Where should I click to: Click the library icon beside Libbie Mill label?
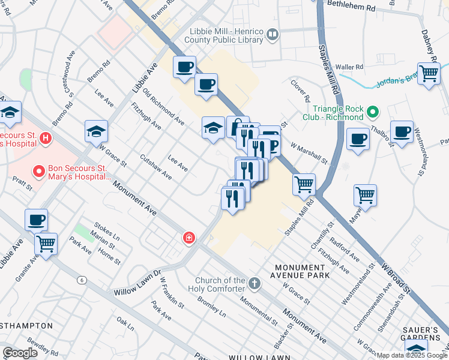(x=273, y=36)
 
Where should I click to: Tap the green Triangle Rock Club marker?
(x=373, y=112)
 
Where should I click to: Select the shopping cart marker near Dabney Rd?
(x=429, y=74)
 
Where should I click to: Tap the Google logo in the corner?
(x=20, y=352)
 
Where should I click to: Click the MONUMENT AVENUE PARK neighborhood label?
(x=302, y=271)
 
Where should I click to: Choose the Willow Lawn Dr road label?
(x=138, y=283)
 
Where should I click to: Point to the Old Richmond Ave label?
(x=163, y=106)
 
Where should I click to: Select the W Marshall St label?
(x=309, y=153)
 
